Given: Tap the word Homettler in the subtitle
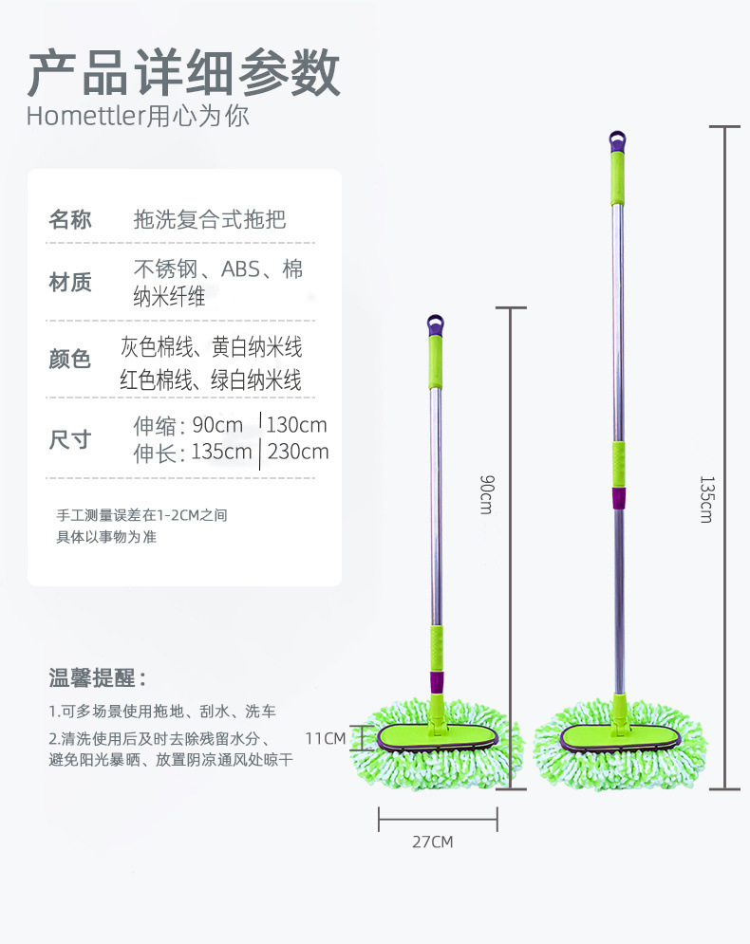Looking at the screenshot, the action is tap(84, 118).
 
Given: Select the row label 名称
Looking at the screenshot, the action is tap(70, 220).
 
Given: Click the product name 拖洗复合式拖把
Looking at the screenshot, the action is tap(210, 220).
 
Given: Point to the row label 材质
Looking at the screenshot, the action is tap(70, 282).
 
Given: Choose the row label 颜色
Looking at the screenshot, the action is tap(70, 360).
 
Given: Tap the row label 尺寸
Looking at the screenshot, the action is tap(70, 439).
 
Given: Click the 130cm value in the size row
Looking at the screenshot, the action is tap(296, 424).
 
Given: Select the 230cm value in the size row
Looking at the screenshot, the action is tap(298, 452).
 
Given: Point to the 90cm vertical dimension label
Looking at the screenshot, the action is tap(485, 494).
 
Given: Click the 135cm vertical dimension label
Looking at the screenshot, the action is tap(705, 499).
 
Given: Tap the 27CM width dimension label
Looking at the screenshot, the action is tap(432, 842).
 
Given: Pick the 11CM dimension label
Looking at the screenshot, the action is tap(325, 737).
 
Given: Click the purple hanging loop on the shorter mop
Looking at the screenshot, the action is tap(436, 325).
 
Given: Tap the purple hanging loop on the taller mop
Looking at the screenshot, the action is tap(618, 141).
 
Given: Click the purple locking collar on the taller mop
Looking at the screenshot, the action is tap(618, 497).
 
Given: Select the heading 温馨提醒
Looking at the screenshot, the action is tap(98, 678).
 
